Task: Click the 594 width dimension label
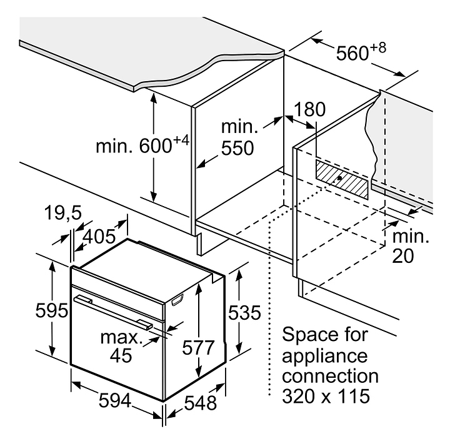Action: click(115, 400)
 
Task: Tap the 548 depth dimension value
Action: click(201, 403)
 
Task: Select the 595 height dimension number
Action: click(52, 310)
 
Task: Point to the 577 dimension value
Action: click(198, 347)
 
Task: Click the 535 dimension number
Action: click(244, 312)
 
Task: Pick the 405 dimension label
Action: click(99, 237)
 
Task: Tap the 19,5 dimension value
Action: click(63, 213)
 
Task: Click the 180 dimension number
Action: click(310, 109)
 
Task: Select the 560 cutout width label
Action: click(352, 53)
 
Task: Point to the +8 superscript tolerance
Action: click(377, 47)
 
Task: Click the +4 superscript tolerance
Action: click(181, 141)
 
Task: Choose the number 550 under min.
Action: click(237, 148)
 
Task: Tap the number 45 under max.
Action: click(121, 356)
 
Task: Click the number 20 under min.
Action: click(403, 256)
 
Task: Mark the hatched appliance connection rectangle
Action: click(342, 180)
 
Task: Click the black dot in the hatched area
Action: click(340, 178)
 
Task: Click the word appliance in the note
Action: click(324, 356)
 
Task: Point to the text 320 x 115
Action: click(326, 396)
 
